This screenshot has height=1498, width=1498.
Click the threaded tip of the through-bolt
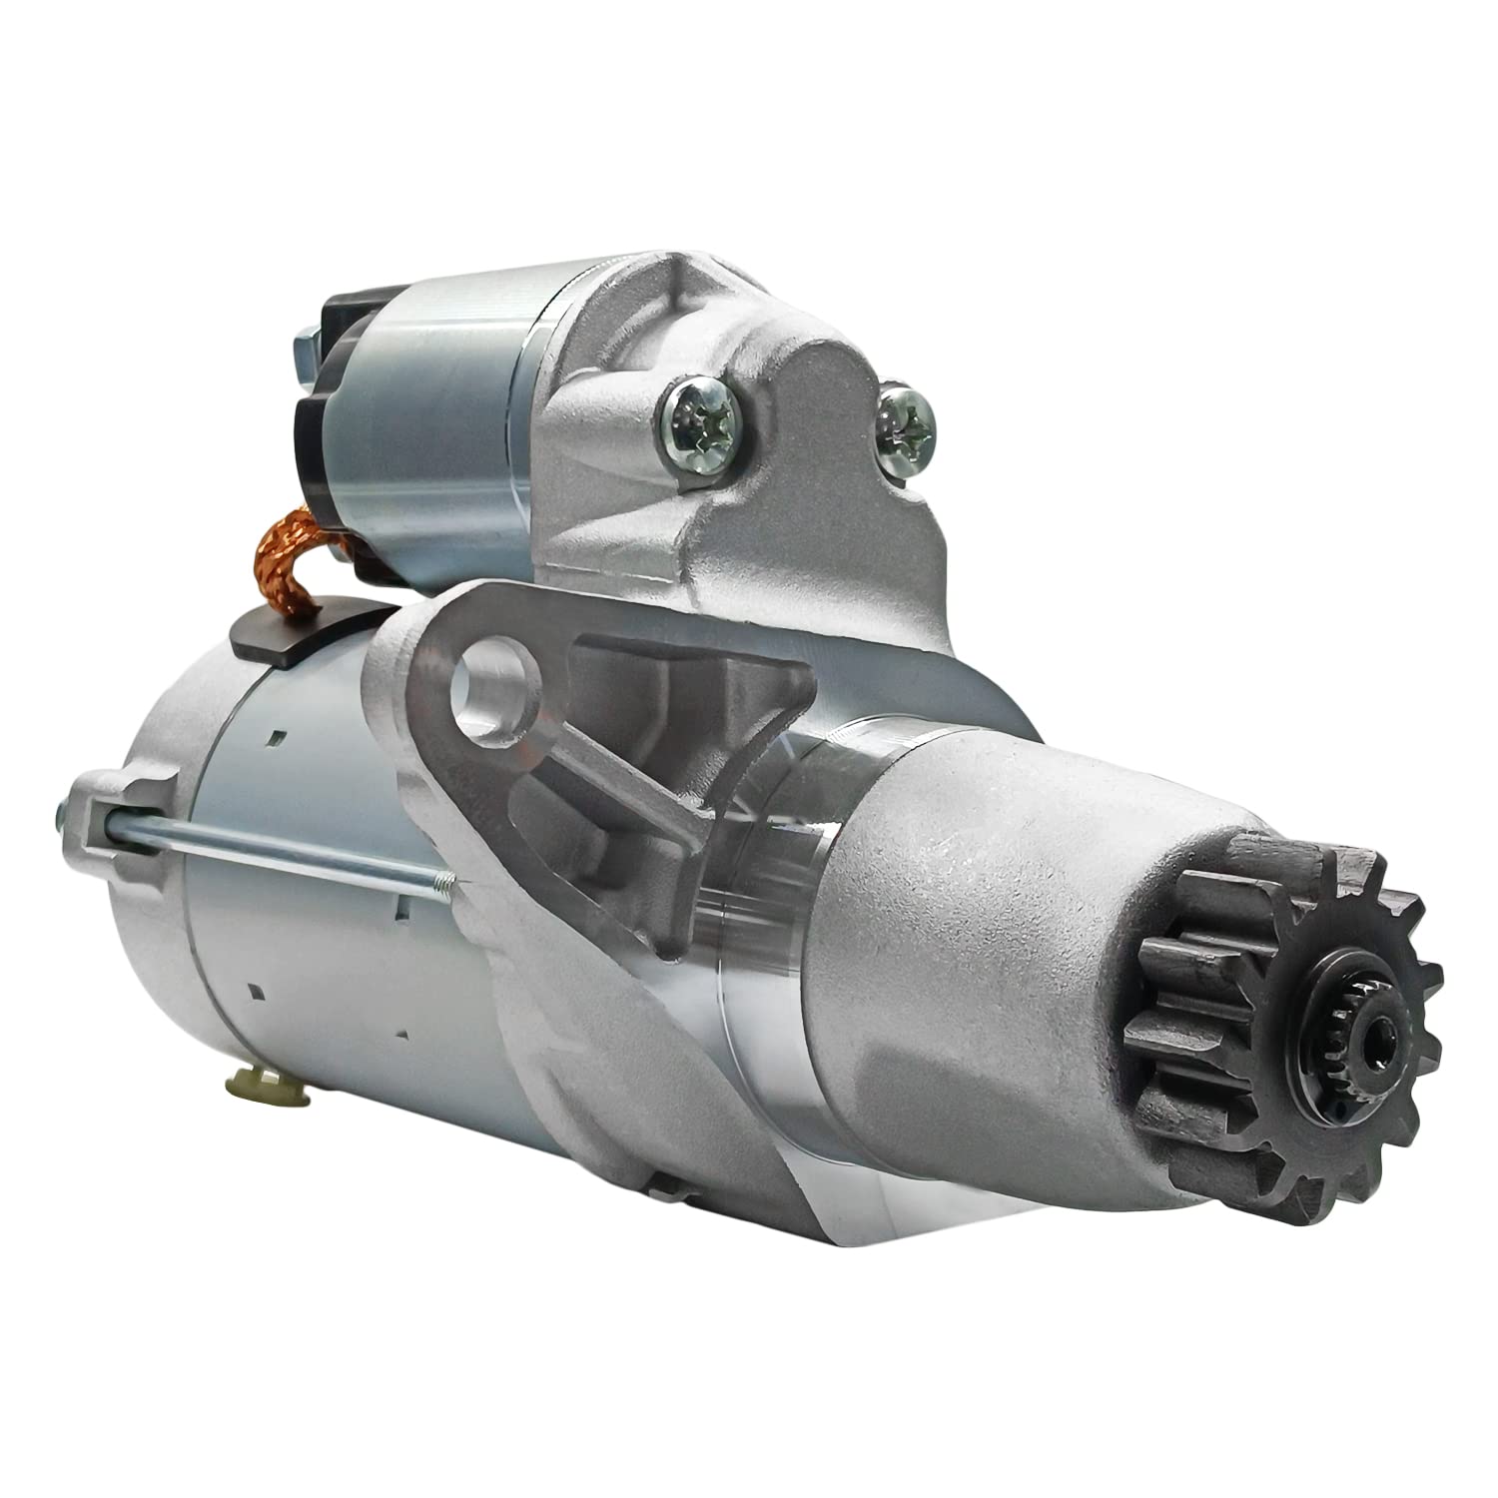point(439,878)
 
